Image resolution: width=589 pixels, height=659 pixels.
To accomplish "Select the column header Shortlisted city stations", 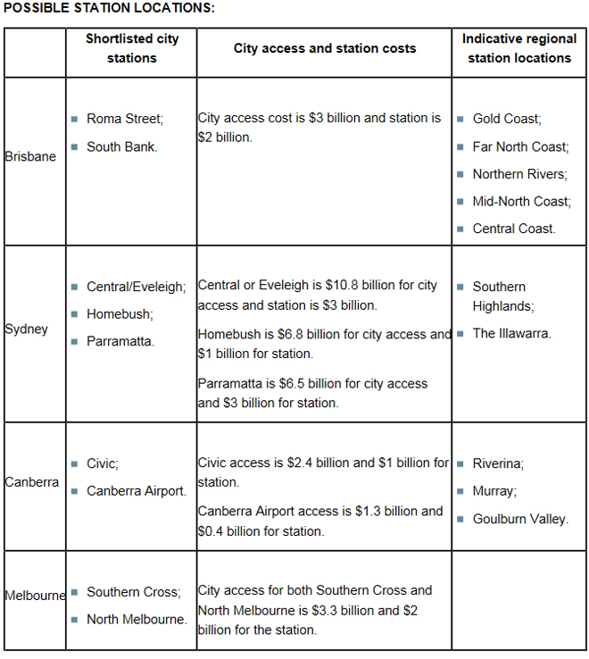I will (131, 48).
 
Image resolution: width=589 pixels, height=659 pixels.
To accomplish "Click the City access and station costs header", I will (324, 48).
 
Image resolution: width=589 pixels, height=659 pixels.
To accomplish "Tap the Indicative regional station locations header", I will (518, 48).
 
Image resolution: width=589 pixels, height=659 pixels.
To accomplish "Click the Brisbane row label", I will (30, 156).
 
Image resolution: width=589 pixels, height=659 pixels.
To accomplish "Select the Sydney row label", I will (27, 329).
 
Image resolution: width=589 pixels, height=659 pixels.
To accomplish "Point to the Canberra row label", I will (32, 482).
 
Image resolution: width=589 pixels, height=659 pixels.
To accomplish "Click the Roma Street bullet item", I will (125, 119).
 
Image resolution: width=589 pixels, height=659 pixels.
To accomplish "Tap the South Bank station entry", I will (121, 146).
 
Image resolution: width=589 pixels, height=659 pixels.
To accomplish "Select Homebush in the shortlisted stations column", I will (120, 314).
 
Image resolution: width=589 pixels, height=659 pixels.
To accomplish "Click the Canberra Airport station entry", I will (136, 491).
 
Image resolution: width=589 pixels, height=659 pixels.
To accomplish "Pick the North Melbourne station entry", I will (137, 619).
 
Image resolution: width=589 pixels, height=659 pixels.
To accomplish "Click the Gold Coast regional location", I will (507, 119).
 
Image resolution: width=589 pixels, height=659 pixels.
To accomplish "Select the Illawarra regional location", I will (511, 334).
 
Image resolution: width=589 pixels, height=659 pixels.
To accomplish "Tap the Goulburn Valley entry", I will (520, 519).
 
